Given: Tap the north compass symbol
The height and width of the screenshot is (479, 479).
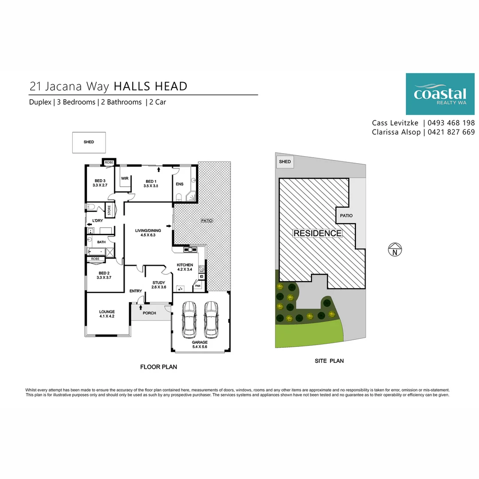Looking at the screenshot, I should coord(395,249).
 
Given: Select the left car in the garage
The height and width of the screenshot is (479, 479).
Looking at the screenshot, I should coord(189,319).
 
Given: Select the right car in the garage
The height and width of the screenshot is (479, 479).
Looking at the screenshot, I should coord(211,319).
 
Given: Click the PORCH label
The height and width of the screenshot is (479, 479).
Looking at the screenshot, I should coord(149,313).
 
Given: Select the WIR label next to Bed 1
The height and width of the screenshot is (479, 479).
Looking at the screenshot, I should coord(125,178).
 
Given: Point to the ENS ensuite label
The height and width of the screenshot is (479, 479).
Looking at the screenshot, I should coord(180,184).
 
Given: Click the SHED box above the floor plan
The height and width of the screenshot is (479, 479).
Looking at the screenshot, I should coord(89,142).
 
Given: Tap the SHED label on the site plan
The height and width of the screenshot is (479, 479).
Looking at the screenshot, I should coord(285,161).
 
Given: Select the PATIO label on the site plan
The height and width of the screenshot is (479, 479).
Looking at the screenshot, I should coord(346,216).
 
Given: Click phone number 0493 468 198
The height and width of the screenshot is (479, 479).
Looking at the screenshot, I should coord(451,123).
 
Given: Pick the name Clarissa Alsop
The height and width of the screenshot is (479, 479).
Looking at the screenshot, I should coord(396,132).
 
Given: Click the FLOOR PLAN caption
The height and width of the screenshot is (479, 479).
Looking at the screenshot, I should coord(158,367).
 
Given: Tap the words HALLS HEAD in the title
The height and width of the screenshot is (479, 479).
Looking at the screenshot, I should coord(150,86).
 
